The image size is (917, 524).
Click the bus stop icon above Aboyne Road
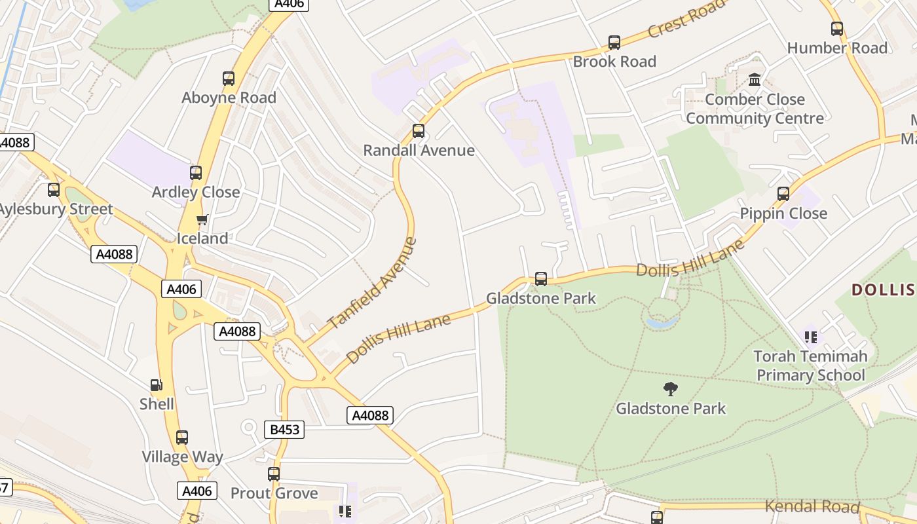(228, 79)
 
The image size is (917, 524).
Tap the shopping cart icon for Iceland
(202, 219)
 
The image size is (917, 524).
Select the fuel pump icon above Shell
(157, 385)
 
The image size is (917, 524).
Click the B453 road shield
(284, 430)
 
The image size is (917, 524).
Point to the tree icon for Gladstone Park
(670, 389)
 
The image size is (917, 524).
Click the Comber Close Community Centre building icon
(755, 80)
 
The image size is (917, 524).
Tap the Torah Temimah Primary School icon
(811, 337)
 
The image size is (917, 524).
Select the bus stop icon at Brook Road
(614, 43)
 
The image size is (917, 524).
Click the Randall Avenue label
(419, 150)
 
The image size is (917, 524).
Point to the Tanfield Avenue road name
(372, 283)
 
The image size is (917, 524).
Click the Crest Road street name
(686, 18)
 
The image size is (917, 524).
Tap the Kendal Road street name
(812, 506)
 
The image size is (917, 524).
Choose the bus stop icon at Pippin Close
(783, 194)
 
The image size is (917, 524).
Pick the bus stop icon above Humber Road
(836, 29)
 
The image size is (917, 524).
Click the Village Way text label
(183, 457)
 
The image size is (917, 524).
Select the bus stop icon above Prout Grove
(274, 474)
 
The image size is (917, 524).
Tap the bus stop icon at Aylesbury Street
(54, 190)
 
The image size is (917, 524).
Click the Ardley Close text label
(196, 192)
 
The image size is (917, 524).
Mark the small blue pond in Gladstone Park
(662, 322)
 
